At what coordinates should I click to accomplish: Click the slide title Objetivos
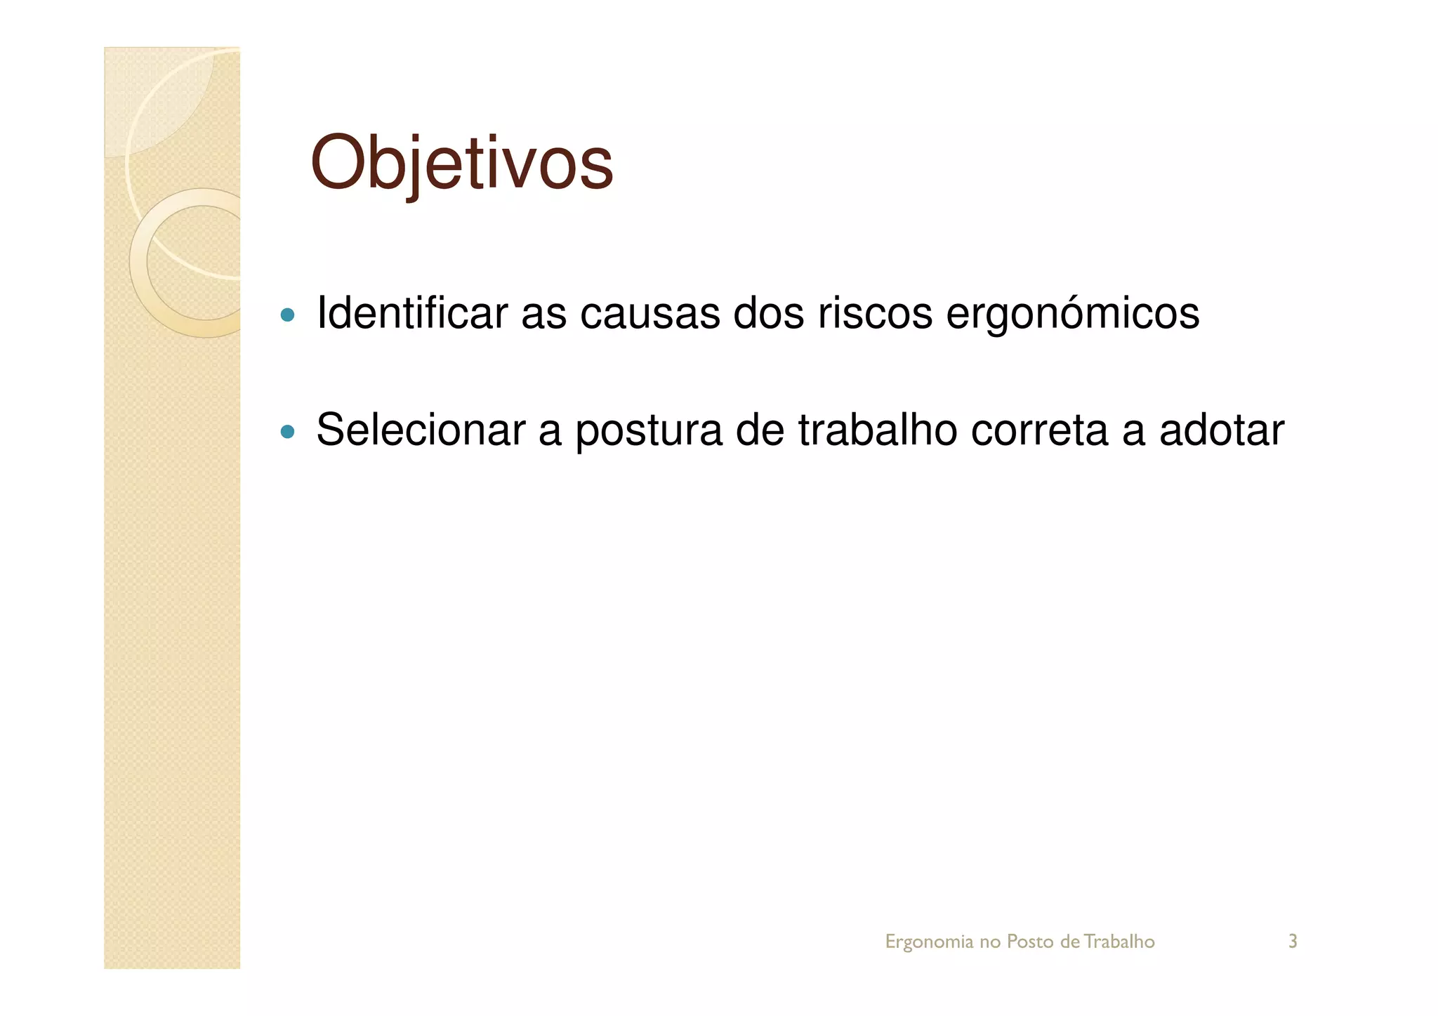click(461, 164)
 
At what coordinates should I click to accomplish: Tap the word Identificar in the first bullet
click(411, 313)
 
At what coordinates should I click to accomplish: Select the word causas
click(649, 315)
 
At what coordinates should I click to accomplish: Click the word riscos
click(874, 313)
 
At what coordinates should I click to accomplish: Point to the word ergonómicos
click(1072, 315)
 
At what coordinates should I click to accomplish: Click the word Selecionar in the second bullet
click(420, 430)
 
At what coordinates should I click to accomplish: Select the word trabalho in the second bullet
click(877, 430)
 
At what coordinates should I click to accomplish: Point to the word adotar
click(1221, 430)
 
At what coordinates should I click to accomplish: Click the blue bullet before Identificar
click(286, 315)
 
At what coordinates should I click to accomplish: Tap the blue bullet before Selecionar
click(286, 431)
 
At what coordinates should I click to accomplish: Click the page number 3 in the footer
click(1292, 941)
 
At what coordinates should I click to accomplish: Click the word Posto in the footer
click(1029, 941)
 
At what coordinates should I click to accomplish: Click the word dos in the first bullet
click(768, 313)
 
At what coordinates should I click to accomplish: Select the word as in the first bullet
click(543, 315)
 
